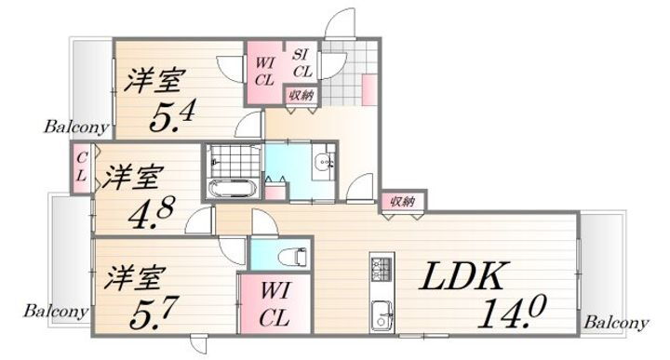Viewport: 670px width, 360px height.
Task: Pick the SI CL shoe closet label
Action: (301, 62)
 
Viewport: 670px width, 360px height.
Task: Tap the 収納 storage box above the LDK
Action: (401, 200)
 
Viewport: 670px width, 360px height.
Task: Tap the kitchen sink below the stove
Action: (382, 312)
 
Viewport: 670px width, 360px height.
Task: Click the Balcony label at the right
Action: (615, 322)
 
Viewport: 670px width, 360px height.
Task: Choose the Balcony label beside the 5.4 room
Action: (76, 126)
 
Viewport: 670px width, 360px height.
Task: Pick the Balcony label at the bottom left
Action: (56, 311)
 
